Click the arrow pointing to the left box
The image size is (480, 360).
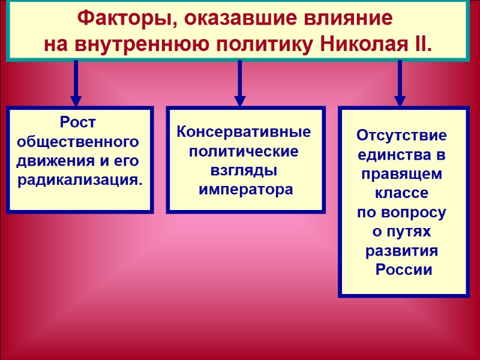76,84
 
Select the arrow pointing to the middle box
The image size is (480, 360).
239,84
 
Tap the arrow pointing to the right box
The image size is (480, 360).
400,84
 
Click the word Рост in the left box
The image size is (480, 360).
78,123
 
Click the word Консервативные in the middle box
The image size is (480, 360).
244,132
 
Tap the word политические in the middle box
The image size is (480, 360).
244,151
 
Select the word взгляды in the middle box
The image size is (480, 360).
244,170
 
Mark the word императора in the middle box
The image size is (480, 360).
246,190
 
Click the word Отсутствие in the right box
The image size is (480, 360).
402,135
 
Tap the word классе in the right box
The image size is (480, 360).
402,193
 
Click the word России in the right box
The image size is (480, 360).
403,269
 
